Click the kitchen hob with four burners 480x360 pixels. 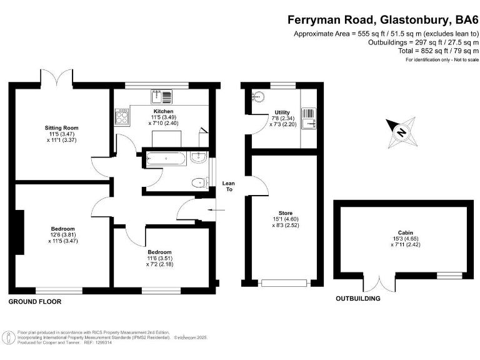[x=122, y=116]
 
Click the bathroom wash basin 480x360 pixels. [x=200, y=157]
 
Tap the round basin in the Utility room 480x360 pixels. [x=258, y=97]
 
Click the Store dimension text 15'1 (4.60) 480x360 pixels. [x=281, y=219]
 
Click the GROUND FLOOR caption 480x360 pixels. [x=35, y=301]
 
